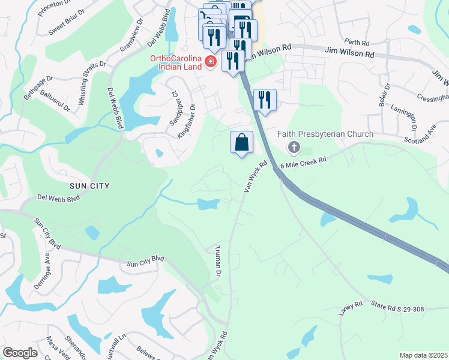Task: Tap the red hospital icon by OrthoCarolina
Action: pyautogui.click(x=210, y=62)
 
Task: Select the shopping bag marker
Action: pyautogui.click(x=241, y=143)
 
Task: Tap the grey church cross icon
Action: pyautogui.click(x=294, y=146)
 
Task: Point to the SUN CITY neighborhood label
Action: pyautogui.click(x=90, y=186)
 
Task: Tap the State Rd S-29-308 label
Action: pyautogui.click(x=397, y=309)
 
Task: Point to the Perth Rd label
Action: pyautogui.click(x=373, y=43)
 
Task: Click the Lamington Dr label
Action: pyautogui.click(x=413, y=118)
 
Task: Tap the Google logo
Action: pyautogui.click(x=20, y=353)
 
